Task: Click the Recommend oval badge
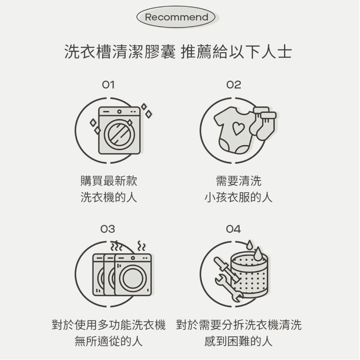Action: coord(176,17)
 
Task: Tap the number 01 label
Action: coord(108,85)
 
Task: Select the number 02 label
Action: coord(234,85)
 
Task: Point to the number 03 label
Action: coord(108,229)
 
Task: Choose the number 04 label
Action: coord(233,229)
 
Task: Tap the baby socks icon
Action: coord(264,123)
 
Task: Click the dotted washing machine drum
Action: coord(249,275)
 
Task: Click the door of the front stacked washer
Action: coord(133,278)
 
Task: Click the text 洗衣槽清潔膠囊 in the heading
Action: coord(120,51)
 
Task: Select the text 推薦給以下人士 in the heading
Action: coord(237,51)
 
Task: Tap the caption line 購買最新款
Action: coord(109,181)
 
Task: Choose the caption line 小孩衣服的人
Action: coord(238,197)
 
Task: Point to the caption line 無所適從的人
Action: coord(109,341)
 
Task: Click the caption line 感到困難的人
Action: coord(238,341)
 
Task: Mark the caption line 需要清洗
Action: coord(239,181)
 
